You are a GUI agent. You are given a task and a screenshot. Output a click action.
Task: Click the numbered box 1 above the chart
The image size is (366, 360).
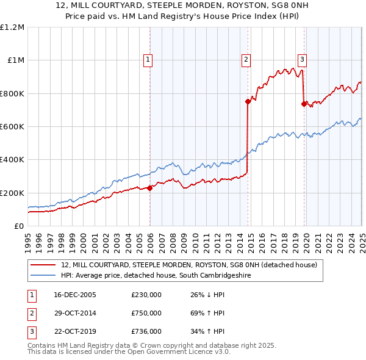pos(148,59)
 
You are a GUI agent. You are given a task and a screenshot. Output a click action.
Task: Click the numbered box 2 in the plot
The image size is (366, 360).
pos(245,59)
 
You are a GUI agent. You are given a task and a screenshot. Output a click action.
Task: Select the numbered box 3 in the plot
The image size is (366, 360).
pos(302,59)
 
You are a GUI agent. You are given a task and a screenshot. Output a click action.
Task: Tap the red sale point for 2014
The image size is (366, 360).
pos(248,102)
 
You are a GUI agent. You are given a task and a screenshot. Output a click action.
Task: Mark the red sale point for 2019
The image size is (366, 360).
pos(304,104)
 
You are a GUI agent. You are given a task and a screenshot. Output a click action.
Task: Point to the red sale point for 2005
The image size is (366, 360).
pos(150,188)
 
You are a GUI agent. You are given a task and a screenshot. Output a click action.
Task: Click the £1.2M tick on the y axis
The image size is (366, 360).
pos(12,27)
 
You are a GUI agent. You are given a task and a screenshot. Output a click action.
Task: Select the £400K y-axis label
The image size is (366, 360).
pos(12,160)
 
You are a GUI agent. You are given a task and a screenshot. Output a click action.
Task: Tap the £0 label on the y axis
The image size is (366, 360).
pos(18,226)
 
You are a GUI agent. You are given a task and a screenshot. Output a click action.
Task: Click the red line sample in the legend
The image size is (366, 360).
pos(43,265)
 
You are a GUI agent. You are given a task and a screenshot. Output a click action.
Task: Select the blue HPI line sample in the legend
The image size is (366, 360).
pos(43,276)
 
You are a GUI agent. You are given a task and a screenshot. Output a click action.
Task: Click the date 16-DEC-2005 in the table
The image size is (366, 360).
pos(75,295)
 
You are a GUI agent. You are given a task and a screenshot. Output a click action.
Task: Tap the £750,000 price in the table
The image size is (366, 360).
pos(146,313)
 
